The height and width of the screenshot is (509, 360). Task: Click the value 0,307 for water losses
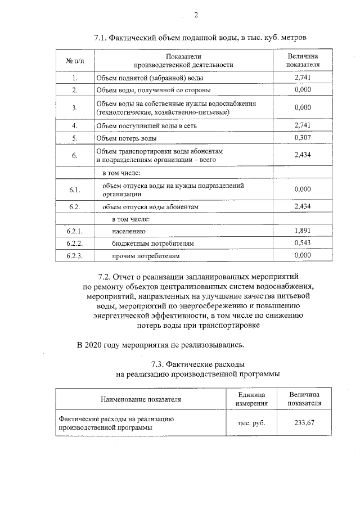[303, 138]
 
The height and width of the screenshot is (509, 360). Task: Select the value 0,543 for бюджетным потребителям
[303, 243]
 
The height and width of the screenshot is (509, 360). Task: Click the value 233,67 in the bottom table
[304, 422]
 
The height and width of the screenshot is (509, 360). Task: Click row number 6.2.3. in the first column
[74, 255]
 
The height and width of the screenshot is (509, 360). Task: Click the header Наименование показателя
[141, 400]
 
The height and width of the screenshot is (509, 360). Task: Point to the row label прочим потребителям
[146, 255]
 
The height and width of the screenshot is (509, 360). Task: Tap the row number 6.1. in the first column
[74, 190]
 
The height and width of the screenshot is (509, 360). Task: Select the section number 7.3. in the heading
[161, 364]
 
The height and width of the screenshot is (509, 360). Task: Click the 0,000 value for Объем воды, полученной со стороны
[303, 90]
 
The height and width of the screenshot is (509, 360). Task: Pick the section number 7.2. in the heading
[105, 277]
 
